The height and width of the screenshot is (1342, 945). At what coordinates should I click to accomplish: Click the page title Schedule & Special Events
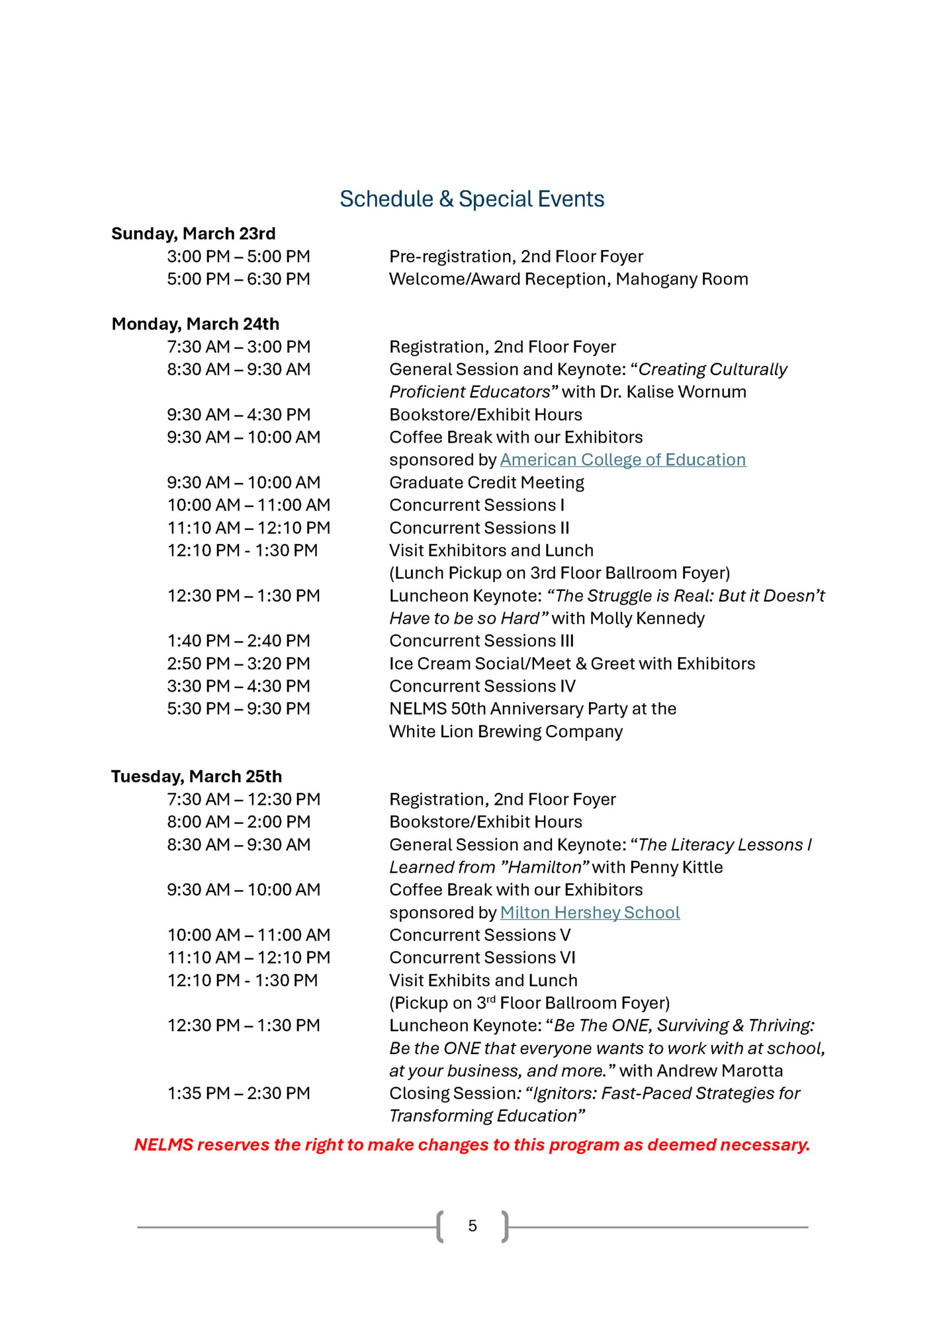(472, 199)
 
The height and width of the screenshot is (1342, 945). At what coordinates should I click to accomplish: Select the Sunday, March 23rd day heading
(193, 234)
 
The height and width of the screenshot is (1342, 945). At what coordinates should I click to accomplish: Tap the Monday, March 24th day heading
(195, 324)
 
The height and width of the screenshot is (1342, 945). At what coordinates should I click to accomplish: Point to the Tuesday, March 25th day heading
(197, 776)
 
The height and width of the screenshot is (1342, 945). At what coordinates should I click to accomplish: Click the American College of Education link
(623, 460)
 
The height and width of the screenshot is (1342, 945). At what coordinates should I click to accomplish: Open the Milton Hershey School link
(590, 913)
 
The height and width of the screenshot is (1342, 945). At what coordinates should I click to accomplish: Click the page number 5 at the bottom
(472, 1226)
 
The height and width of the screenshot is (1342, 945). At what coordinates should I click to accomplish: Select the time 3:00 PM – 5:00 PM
(238, 257)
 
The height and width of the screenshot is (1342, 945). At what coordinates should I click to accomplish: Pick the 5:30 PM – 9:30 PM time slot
(238, 709)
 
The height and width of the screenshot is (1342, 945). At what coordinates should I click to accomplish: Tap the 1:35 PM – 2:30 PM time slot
(238, 1093)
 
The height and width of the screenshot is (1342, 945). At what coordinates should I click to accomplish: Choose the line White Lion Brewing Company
(506, 731)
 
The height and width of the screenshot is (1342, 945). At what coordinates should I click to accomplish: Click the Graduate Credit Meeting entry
(486, 482)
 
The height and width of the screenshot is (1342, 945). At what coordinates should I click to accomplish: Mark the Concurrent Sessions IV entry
(482, 686)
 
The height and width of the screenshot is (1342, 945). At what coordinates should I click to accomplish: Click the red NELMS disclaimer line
(472, 1145)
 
